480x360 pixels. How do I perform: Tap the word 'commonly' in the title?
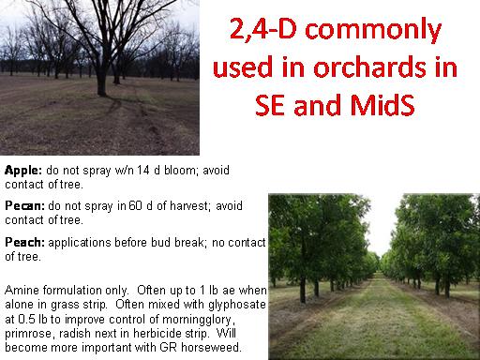pyautogui.click(x=373, y=30)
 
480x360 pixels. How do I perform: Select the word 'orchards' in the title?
pyautogui.click(x=370, y=67)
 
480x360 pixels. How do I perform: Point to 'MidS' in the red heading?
pyautogui.click(x=382, y=104)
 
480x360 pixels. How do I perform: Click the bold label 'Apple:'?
pyautogui.click(x=23, y=171)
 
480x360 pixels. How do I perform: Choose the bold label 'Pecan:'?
pyautogui.click(x=25, y=206)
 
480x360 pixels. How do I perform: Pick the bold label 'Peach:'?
pyautogui.click(x=24, y=242)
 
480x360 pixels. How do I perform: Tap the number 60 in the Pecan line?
pyautogui.click(x=135, y=206)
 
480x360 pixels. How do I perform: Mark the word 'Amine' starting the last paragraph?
pyautogui.click(x=22, y=291)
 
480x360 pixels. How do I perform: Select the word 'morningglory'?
pyautogui.click(x=197, y=320)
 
